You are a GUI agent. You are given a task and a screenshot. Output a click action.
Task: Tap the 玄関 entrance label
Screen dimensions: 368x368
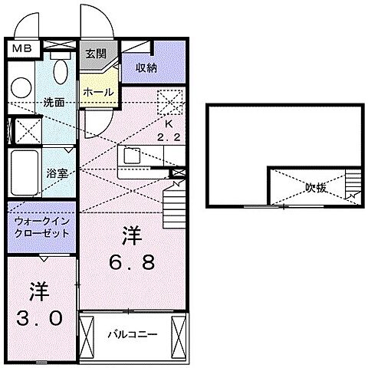95,54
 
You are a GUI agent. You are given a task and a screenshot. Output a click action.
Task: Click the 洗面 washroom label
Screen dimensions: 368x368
53,101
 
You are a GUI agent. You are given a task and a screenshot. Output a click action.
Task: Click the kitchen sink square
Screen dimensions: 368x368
130,156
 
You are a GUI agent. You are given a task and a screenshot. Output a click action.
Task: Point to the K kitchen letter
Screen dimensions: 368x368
171,123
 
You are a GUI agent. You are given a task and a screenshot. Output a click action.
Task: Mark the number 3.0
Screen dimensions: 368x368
40,304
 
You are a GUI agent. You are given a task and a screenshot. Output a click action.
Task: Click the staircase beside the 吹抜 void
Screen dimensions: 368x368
352,185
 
